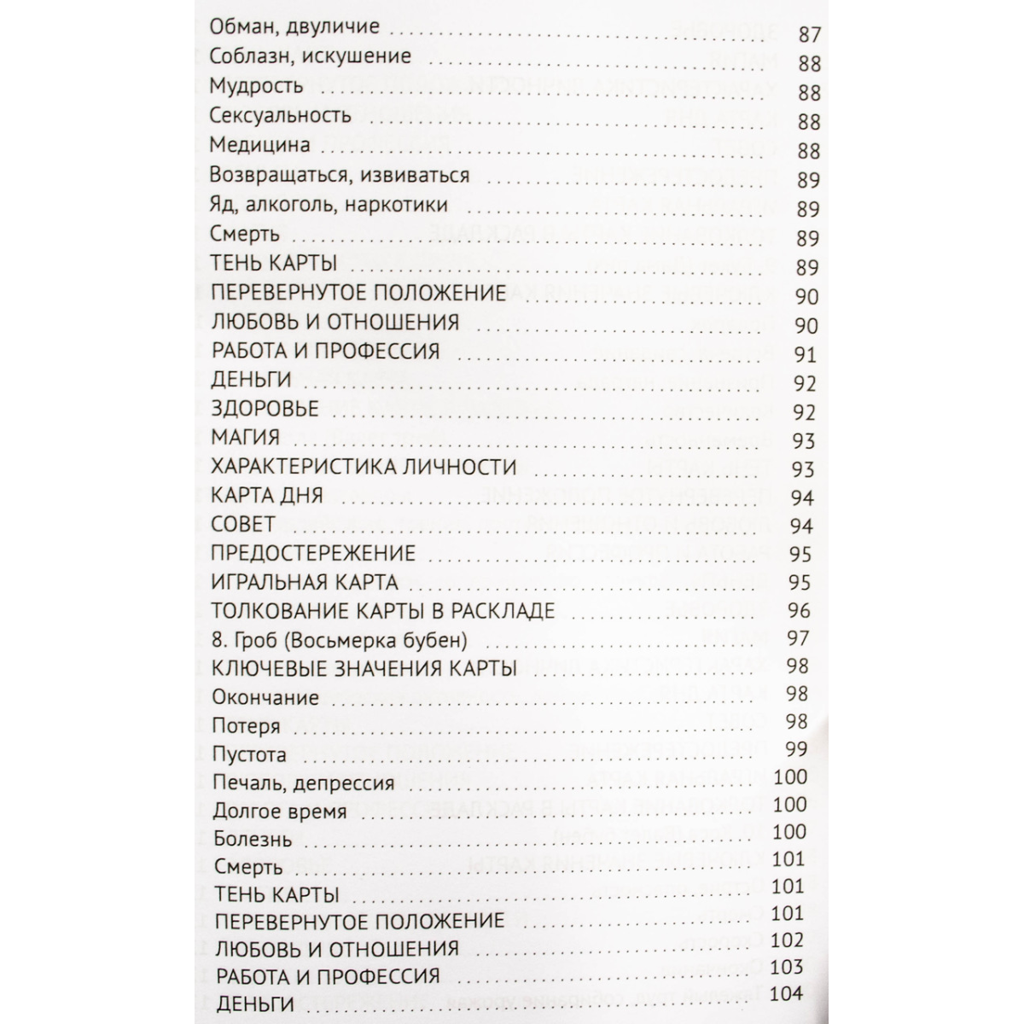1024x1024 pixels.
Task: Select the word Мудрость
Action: pos(256,86)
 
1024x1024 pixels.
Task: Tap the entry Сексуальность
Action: pos(280,116)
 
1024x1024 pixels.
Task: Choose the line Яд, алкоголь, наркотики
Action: pos(329,206)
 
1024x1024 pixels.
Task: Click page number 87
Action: pos(808,36)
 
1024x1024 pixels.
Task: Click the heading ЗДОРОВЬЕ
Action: pos(265,409)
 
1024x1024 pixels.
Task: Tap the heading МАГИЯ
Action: pos(245,438)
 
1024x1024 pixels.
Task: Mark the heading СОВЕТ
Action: pos(243,524)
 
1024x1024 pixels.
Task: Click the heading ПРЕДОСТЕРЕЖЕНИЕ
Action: pos(313,553)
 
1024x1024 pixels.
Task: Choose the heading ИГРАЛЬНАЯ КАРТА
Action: pos(305,583)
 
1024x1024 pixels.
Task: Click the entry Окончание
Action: pos(265,698)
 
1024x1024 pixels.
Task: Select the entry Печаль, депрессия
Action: pos(304,783)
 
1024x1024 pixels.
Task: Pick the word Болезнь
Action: pos(253,840)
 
